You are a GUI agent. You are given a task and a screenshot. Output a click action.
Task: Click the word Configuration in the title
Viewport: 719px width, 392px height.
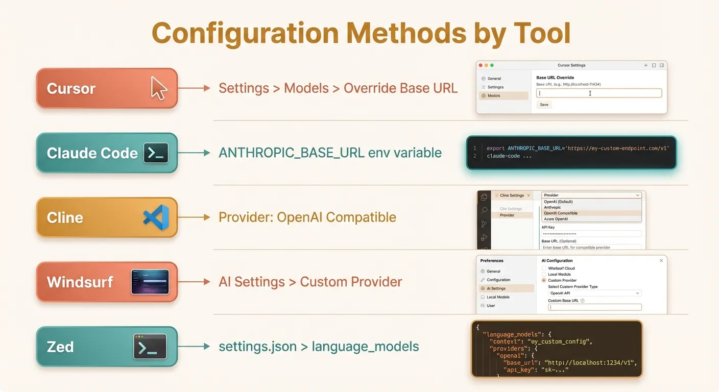click(x=245, y=33)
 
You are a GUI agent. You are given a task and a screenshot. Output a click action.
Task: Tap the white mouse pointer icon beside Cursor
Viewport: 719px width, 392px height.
click(x=159, y=88)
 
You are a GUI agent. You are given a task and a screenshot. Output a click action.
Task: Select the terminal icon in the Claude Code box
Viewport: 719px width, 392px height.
click(x=156, y=153)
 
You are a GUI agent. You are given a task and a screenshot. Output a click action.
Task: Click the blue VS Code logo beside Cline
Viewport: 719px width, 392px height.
click(x=156, y=217)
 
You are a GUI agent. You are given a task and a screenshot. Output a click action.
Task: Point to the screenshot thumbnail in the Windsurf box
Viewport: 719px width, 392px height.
click(x=150, y=282)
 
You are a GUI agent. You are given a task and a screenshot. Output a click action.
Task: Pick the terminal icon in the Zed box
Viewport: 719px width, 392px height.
click(x=150, y=347)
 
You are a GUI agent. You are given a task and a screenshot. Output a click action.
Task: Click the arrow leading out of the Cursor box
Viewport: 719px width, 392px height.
click(x=194, y=88)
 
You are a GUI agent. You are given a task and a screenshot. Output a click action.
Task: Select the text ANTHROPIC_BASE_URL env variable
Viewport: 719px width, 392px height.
click(x=330, y=153)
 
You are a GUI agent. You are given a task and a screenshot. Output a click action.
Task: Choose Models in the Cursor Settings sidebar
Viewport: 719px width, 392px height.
click(x=494, y=95)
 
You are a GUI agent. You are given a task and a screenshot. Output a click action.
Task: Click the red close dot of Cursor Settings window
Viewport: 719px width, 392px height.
click(x=480, y=65)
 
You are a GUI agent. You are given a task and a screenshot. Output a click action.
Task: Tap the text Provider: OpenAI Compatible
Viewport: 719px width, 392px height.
click(x=307, y=217)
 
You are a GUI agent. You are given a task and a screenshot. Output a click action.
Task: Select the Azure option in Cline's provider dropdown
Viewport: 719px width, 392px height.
click(x=556, y=219)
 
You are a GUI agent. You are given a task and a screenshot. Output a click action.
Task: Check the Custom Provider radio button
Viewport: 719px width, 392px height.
click(x=544, y=280)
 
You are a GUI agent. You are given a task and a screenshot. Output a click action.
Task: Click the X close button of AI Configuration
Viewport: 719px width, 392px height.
click(x=661, y=260)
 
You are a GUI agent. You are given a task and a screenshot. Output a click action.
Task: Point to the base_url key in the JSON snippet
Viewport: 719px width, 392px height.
click(x=519, y=362)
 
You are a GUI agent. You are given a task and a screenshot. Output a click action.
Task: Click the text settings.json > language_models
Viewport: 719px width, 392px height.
click(x=319, y=347)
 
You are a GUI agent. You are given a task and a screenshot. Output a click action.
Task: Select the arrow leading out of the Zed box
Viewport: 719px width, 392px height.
click(x=194, y=347)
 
